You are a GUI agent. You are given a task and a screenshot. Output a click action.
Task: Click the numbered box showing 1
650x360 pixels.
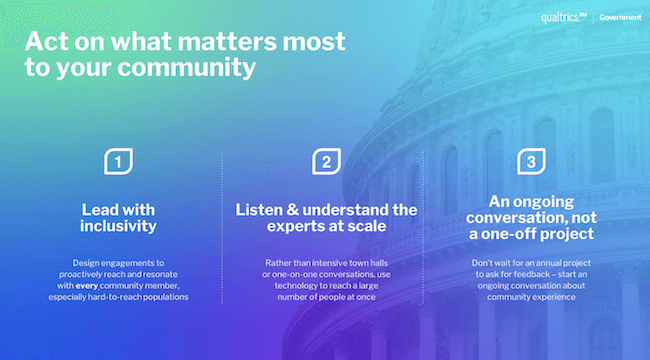(x=119, y=162)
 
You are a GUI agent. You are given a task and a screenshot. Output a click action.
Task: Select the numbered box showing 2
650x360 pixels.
(x=325, y=162)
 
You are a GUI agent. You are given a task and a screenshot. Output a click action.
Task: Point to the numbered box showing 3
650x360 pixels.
(x=531, y=162)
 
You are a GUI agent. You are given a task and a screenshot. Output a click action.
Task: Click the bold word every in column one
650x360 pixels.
(x=87, y=285)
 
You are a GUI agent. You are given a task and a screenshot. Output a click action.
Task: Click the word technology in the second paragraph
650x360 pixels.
(x=274, y=285)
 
